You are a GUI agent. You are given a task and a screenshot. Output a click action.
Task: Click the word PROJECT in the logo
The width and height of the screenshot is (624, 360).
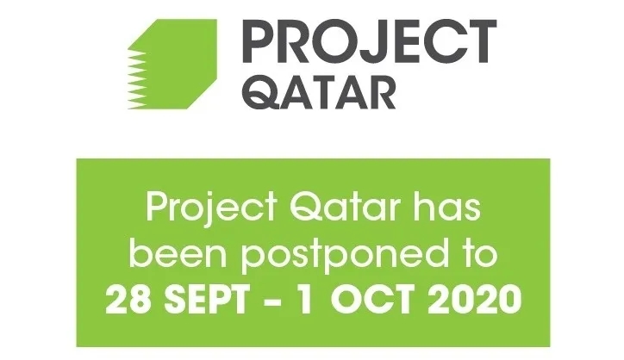pyautogui.click(x=369, y=42)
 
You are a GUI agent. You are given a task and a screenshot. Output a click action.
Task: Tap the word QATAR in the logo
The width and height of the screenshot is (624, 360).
pyautogui.click(x=319, y=93)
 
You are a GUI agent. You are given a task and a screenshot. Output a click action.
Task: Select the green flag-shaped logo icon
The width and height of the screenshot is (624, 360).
pyautogui.click(x=172, y=64)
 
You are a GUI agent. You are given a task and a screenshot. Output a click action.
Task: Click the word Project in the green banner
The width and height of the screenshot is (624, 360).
pyautogui.click(x=211, y=208)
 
